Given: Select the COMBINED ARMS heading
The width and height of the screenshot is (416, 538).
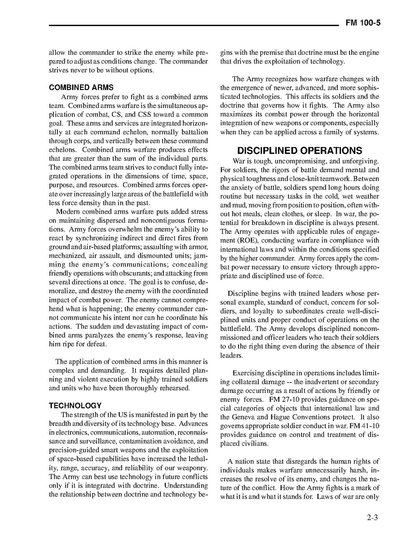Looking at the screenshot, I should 81,88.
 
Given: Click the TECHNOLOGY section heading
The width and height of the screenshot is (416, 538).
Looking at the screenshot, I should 75,406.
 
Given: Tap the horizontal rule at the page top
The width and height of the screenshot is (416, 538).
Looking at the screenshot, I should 193,25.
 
